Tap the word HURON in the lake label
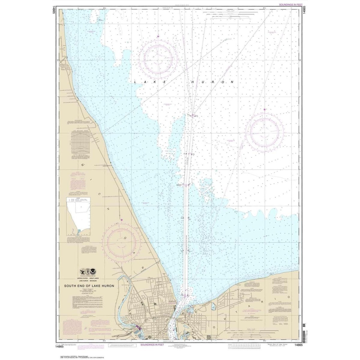212,82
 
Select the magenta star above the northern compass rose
158,37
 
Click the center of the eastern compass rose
264,132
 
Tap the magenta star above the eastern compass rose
264,110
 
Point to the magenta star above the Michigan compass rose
121,220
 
